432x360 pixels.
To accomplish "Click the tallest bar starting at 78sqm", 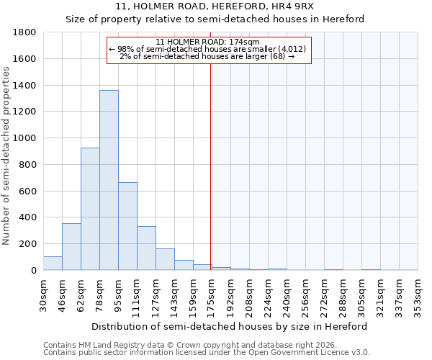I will (x=109, y=180).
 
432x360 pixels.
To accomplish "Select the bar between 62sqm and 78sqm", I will (x=90, y=209).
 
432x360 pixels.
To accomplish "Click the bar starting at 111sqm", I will (x=146, y=248).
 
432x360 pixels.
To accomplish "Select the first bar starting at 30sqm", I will (x=53, y=264).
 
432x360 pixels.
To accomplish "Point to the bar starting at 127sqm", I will (x=165, y=259).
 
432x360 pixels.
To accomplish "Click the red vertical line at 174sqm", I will (x=210, y=166).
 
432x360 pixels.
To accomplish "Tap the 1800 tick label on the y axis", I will (x=24, y=32).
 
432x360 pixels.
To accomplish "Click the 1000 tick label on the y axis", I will (x=24, y=138).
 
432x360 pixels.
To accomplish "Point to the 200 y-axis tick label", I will (x=27, y=244).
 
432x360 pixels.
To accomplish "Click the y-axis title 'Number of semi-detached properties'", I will (x=7, y=155).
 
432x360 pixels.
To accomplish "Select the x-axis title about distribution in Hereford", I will (x=230, y=326).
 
